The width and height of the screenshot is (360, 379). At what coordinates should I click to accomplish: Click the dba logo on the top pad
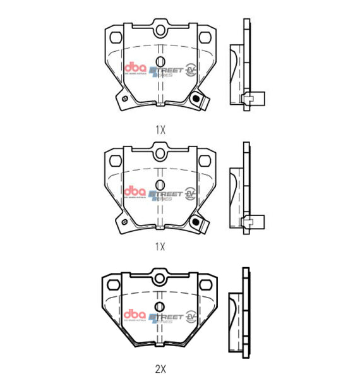coord(135,68)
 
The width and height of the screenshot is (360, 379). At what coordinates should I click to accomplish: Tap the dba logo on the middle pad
coord(135,191)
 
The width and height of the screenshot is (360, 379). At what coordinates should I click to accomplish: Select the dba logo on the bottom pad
coord(135,314)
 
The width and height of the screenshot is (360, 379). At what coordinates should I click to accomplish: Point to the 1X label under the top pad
coord(160,129)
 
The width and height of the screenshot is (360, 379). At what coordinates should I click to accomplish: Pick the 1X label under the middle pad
coord(160,246)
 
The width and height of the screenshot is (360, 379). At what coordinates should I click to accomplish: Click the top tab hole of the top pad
coord(160,31)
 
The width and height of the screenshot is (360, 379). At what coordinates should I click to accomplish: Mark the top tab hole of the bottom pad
coord(160,277)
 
